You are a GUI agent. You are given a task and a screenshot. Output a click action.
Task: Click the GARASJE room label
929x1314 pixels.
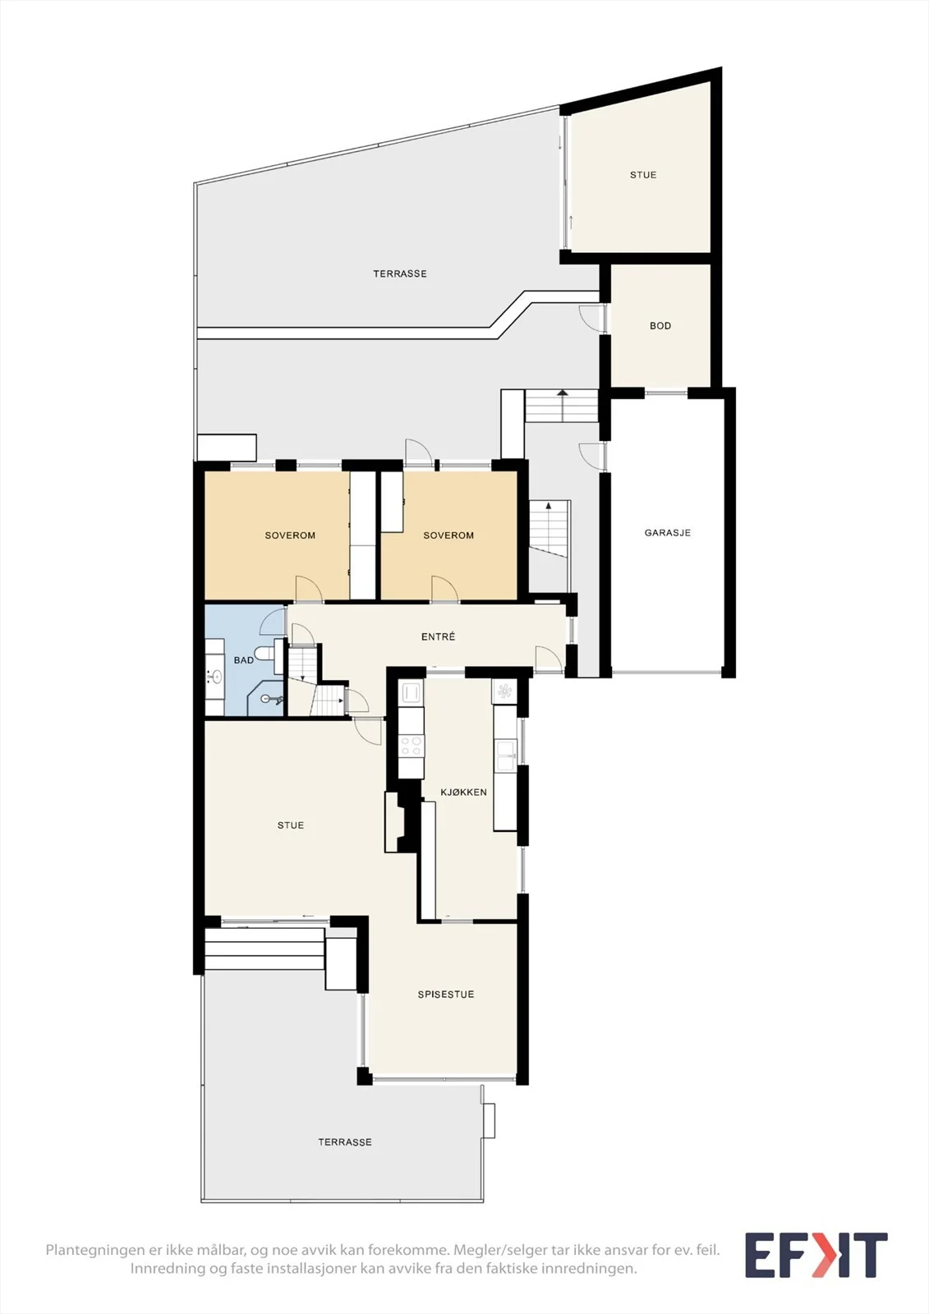coord(667,533)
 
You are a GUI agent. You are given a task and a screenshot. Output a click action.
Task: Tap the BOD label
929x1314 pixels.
coord(660,325)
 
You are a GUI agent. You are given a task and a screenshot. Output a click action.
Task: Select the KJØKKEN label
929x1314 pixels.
coord(463,792)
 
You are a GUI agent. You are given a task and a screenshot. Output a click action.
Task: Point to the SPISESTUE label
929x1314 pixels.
coord(446,995)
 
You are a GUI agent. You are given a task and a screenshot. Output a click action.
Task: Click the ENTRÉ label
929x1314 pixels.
coord(439,636)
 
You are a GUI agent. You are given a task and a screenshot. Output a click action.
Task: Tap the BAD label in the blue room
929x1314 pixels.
coord(244,660)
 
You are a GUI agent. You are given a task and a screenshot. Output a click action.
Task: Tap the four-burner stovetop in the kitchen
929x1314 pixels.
coord(411,747)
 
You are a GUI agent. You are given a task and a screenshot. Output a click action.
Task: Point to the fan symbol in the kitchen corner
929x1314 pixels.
coord(504,692)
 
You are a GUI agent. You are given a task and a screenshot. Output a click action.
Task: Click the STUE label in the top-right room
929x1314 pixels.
coord(643,175)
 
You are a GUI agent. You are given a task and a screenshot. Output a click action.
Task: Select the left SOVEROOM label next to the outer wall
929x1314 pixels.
coord(290,535)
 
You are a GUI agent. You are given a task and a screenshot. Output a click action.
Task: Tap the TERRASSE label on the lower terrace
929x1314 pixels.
coord(345,1142)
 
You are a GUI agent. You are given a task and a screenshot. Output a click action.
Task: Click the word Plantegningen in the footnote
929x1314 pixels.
coord(94,1250)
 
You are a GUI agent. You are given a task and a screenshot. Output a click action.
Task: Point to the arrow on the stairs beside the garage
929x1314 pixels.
coord(562,405)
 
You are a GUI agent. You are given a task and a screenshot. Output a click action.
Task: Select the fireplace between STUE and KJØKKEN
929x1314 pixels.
coord(399,822)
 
